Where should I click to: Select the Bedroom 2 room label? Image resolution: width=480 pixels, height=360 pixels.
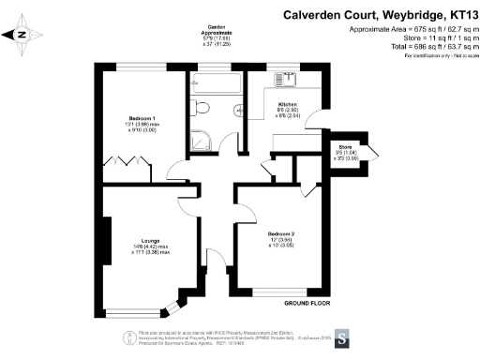[x=280, y=237]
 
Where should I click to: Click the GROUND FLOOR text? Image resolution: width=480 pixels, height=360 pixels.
[x=307, y=303]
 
